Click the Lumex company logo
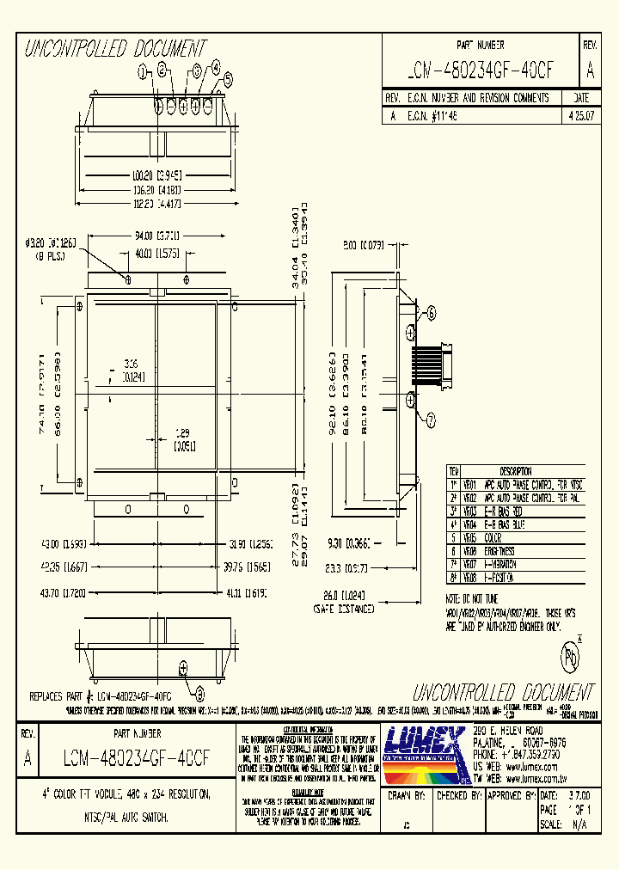424,749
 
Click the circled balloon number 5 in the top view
228,79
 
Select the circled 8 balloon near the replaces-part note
199,695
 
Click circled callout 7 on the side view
432,420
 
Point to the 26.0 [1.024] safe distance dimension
344,593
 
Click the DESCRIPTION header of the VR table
516,472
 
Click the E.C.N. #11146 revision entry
427,113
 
